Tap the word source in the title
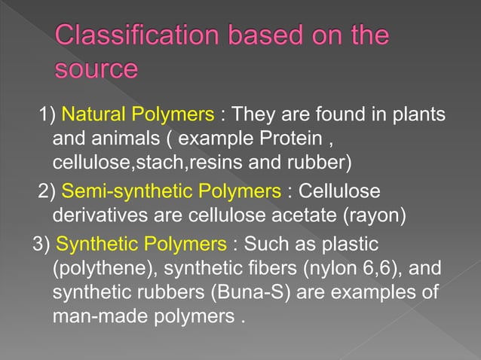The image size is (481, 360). pyautogui.click(x=97, y=70)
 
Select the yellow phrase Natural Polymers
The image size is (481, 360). pyautogui.click(x=138, y=116)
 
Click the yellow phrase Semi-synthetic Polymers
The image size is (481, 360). pyautogui.click(x=171, y=192)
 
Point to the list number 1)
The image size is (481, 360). pyautogui.click(x=48, y=116)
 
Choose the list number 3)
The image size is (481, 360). pyautogui.click(x=41, y=244)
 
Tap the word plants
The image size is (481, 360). pyautogui.click(x=417, y=116)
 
